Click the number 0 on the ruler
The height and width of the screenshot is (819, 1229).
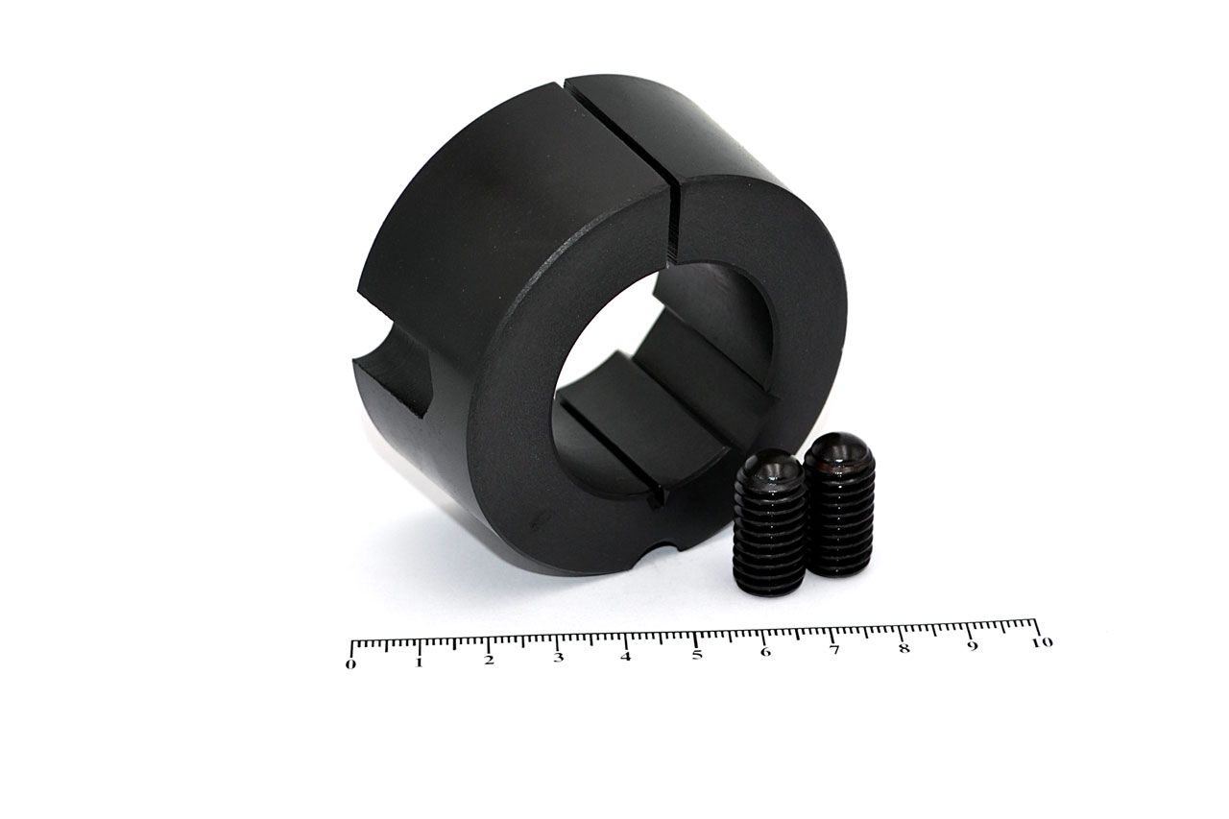tap(350, 664)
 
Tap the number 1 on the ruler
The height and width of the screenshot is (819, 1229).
tap(420, 662)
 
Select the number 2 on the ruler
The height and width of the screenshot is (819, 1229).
tap(489, 661)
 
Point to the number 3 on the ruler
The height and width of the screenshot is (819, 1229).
tap(558, 658)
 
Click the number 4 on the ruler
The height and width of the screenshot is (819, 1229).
tap(626, 656)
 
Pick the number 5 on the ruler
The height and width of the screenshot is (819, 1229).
tap(697, 655)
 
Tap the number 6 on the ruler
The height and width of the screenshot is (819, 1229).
tap(766, 652)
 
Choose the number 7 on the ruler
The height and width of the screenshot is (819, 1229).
tap(834, 650)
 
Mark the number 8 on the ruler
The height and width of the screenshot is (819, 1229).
tap(904, 648)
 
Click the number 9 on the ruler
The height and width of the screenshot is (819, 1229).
tap(973, 646)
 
